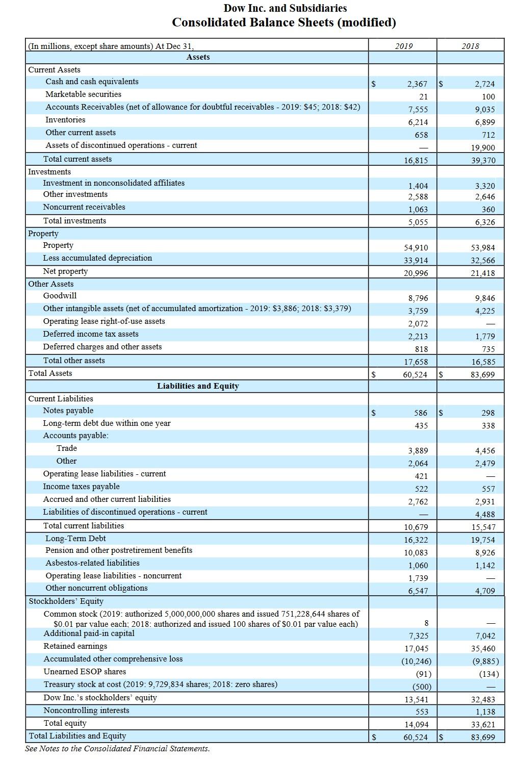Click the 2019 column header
click(403, 46)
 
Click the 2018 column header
click(470, 46)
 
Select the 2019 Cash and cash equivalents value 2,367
click(417, 84)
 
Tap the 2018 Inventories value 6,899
click(484, 122)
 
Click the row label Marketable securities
click(83, 94)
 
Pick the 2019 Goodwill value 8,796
click(418, 298)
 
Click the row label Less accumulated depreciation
click(97, 258)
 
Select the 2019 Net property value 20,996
click(416, 273)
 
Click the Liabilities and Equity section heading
click(198, 386)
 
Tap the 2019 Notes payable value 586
click(421, 413)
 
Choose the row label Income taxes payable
click(81, 487)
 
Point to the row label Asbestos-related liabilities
click(92, 563)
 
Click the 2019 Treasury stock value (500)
click(421, 687)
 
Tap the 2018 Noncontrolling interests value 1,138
click(484, 712)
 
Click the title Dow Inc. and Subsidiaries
click(285, 8)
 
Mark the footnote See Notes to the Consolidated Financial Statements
click(117, 749)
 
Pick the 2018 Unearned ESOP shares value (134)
click(488, 674)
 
